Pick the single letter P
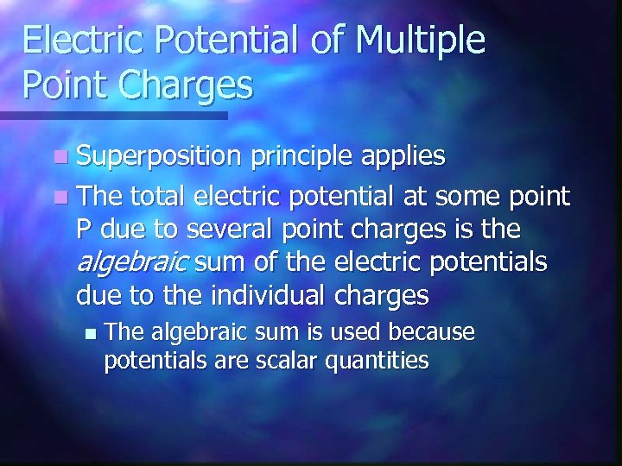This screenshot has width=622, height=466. pyautogui.click(x=83, y=230)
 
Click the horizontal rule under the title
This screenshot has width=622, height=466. pyautogui.click(x=112, y=115)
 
